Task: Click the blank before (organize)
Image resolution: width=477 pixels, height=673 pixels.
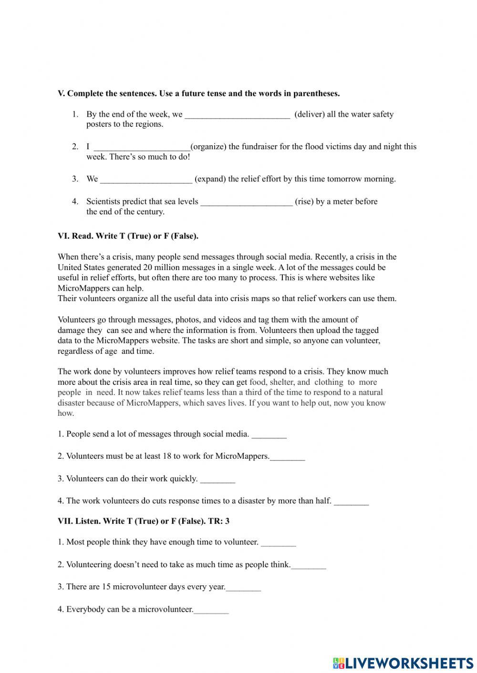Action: pos(142,147)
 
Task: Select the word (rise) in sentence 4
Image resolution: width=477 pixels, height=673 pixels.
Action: pos(304,201)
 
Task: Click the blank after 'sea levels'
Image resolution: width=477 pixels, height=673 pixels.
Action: pos(246,202)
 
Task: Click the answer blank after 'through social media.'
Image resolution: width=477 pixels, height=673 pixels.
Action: pos(269,434)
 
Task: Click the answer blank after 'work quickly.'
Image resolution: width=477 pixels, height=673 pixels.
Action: pos(218,479)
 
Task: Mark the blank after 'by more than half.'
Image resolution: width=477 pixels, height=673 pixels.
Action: pos(351,501)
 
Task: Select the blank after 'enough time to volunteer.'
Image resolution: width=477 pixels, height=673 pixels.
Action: pos(279,542)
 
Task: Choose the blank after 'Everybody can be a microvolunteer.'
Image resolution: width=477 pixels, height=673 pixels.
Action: pos(211,610)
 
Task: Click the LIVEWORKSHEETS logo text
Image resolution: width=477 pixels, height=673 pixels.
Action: pos(409,663)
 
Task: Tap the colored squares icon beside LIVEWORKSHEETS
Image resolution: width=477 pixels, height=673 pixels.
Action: pos(339,663)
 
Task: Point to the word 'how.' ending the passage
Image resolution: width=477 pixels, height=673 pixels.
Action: pos(66,413)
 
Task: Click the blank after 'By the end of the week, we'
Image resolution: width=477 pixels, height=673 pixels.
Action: pos(237,115)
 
